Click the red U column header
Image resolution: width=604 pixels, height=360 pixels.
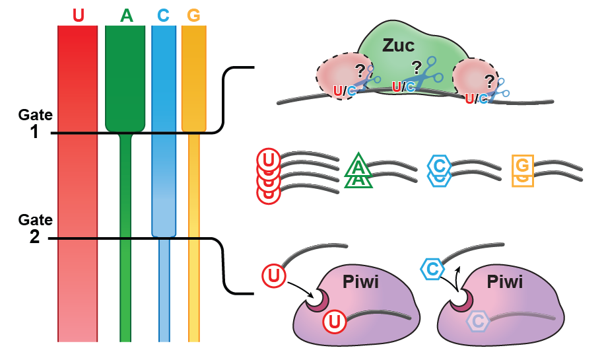[x=78, y=15]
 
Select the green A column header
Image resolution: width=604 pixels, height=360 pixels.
[x=125, y=15]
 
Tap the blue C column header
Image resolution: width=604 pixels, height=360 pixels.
[x=163, y=15]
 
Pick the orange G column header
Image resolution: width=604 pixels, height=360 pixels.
[x=193, y=15]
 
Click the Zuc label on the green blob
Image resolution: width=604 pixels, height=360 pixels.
[x=399, y=46]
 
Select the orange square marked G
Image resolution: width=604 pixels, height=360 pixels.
[x=522, y=165]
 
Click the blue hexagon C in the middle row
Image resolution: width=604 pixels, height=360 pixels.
[x=439, y=165]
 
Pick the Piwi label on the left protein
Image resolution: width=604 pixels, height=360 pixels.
[x=360, y=283]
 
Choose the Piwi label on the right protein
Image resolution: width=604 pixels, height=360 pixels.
[x=504, y=283]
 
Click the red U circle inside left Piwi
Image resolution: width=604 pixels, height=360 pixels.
[x=335, y=322]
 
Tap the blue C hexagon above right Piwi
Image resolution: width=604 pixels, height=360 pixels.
[x=432, y=269]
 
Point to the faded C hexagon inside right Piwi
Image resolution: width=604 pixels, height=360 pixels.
[x=478, y=321]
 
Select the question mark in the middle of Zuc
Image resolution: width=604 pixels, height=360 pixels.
[x=416, y=67]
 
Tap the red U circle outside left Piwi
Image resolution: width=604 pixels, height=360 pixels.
[x=274, y=275]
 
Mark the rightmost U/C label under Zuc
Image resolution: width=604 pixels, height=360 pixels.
[x=476, y=99]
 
